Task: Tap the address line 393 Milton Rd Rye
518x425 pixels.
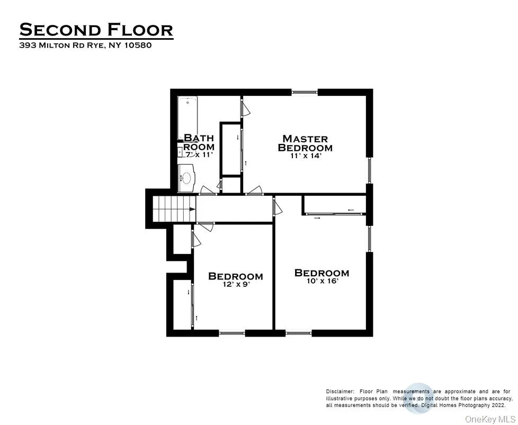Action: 85,46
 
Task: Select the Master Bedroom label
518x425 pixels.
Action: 305,143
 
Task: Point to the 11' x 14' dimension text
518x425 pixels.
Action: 305,156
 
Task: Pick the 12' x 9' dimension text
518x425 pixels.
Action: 235,284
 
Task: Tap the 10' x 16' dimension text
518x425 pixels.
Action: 321,281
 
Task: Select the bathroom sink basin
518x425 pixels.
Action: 186,178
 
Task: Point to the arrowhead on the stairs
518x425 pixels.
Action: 193,210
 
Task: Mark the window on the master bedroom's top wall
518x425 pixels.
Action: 305,92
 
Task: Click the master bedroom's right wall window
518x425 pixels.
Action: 370,170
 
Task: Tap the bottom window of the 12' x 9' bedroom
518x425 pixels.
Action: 232,333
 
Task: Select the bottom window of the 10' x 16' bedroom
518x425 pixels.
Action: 298,333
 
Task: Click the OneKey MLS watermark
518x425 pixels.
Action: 489,419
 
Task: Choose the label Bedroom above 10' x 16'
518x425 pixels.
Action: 321,273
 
